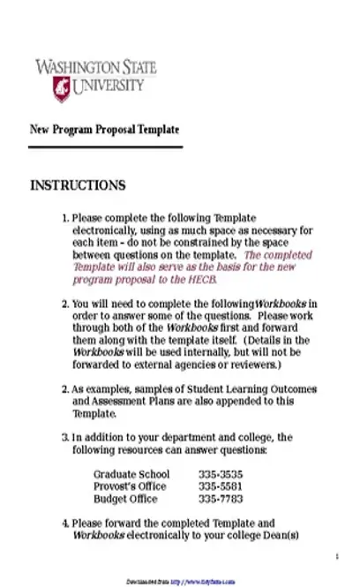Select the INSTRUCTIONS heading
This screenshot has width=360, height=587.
click(x=78, y=185)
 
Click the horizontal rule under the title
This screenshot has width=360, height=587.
click(x=106, y=147)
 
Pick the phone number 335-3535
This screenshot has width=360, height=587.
click(x=220, y=474)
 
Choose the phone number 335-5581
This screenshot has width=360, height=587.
click(x=220, y=486)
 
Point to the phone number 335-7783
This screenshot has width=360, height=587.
click(x=220, y=499)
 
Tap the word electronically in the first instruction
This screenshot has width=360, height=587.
click(x=104, y=230)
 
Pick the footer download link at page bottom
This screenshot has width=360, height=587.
click(x=179, y=581)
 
